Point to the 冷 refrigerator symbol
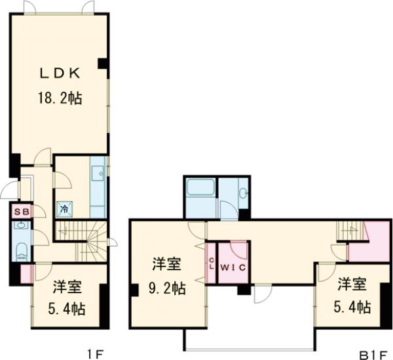click(x=65, y=209)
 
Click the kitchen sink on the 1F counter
click(x=98, y=173)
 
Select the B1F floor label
click(x=374, y=354)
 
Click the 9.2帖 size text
click(x=166, y=287)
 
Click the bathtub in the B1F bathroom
click(x=199, y=191)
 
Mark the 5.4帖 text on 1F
click(x=69, y=308)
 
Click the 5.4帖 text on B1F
click(x=354, y=306)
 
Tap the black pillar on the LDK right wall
click(x=103, y=63)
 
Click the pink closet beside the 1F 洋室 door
click(x=26, y=274)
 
